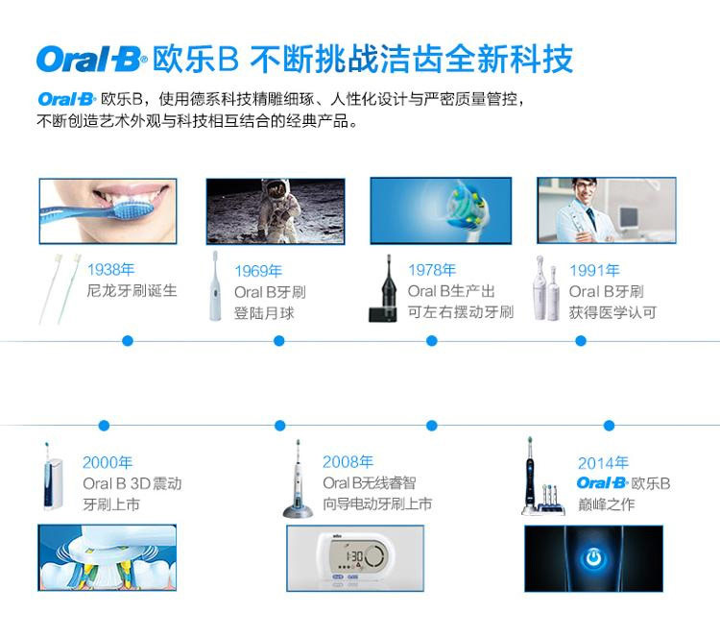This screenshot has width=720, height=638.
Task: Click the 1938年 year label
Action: (x=110, y=269)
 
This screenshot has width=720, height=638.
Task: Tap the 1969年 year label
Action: (x=258, y=271)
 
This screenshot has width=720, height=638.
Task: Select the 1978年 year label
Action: (x=432, y=270)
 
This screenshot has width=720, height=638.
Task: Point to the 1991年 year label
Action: (x=594, y=270)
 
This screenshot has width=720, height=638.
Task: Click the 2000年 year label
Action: (x=108, y=462)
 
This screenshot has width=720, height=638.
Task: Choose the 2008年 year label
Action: (x=348, y=461)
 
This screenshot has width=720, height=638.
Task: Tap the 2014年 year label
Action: (x=603, y=463)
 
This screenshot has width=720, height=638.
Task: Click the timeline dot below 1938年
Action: (x=128, y=340)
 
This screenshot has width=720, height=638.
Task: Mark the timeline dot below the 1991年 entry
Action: (x=581, y=340)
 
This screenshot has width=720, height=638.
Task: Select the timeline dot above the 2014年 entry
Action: (x=609, y=426)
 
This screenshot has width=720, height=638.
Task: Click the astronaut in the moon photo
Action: (x=278, y=208)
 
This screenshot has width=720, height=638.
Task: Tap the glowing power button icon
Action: (x=593, y=558)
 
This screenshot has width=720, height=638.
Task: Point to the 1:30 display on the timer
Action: (x=354, y=556)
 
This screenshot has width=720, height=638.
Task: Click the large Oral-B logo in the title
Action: (x=91, y=60)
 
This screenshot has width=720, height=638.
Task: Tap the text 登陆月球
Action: (x=264, y=313)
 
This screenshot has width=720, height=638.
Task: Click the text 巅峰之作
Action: (x=606, y=504)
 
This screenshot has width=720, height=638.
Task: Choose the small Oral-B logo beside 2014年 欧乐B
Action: (x=602, y=483)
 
